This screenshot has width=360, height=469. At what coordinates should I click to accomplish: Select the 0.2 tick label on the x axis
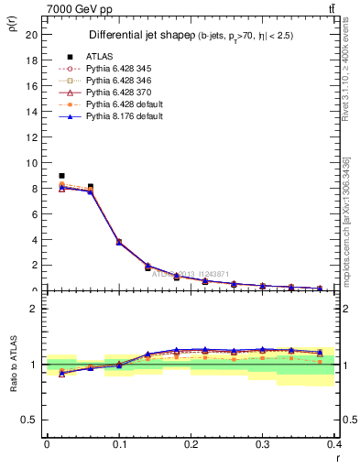(x=191, y=442)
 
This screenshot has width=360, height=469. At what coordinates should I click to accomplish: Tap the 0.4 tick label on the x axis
(x=336, y=442)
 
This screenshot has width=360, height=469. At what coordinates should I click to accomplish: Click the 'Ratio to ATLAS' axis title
(x=12, y=364)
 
